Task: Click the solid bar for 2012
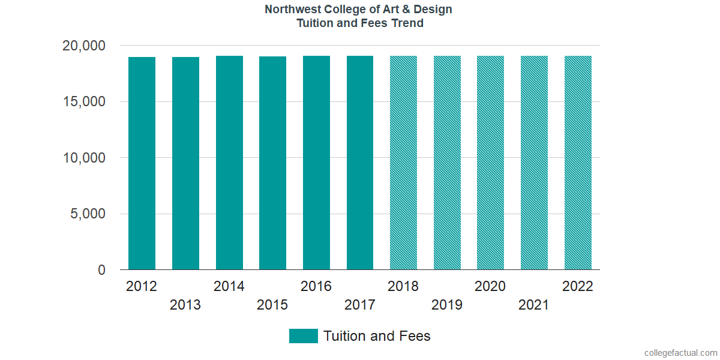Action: point(142,163)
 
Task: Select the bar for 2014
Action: point(229,163)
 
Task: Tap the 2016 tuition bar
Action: point(316,163)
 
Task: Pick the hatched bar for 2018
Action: point(403,163)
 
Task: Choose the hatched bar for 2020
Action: point(490,163)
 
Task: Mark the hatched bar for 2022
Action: point(578,163)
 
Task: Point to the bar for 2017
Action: point(360,163)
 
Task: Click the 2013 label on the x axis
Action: point(185,305)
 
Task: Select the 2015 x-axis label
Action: point(272,305)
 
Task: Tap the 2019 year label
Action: point(447,305)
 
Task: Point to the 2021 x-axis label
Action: point(534,305)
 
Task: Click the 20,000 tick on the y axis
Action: point(84,46)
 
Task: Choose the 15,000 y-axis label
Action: point(84,102)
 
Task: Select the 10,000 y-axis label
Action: point(84,158)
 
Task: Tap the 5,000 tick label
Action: point(88,214)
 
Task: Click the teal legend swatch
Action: point(303,336)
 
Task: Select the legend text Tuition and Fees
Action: point(377,336)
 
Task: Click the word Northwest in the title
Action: point(291,10)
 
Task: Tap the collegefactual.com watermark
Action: point(680,353)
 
